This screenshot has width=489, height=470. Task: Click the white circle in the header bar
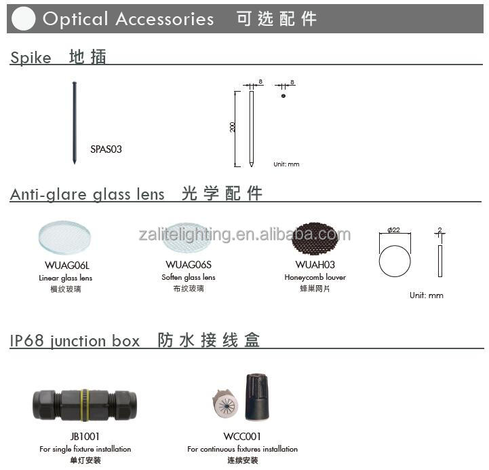click(23, 19)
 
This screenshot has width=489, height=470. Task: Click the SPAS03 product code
click(106, 149)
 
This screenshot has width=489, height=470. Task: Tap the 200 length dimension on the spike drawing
click(233, 127)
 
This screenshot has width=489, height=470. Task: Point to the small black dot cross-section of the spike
click(283, 96)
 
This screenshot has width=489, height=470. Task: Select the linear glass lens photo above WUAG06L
click(64, 238)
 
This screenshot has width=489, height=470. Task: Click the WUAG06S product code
click(189, 265)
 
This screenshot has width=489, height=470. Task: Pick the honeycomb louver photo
click(315, 238)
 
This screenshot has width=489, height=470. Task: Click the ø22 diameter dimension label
click(394, 230)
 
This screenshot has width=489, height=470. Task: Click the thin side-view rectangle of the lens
click(440, 261)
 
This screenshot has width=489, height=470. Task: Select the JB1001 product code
click(85, 436)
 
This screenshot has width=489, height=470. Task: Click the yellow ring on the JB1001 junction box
click(85, 405)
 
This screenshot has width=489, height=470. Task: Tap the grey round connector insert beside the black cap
click(225, 403)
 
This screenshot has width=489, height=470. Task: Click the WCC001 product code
click(242, 436)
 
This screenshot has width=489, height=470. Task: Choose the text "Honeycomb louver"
click(315, 277)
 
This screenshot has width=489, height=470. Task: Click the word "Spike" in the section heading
click(31, 58)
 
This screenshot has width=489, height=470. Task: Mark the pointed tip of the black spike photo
click(74, 163)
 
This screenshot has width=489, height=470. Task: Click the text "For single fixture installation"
click(85, 449)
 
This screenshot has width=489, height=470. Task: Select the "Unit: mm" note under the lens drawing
click(427, 295)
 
